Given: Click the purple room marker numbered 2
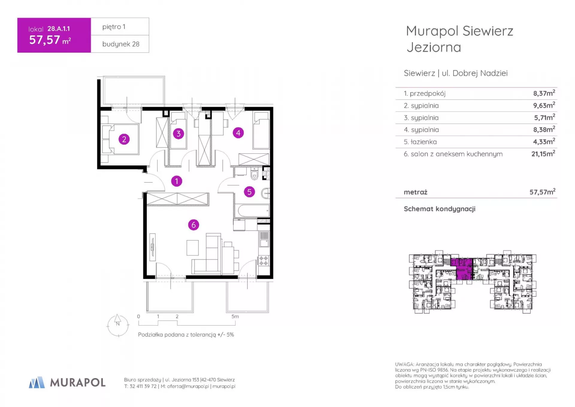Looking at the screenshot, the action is pos(124,139).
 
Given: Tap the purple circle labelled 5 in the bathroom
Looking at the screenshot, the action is pos(249,192).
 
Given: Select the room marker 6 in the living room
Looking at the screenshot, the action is pos(193,225).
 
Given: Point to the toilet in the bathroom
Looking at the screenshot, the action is pos(254,174).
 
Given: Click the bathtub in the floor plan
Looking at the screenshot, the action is pos(254,210).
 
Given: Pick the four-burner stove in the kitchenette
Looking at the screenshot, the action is pos(264,261).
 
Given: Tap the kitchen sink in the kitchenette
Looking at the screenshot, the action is pos(264,239).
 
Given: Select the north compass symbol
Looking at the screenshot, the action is pos(118,325).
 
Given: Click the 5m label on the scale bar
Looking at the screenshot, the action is pos(235,316).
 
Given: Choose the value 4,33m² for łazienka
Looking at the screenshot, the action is pos(544,141).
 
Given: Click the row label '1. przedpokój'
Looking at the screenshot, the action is pos(425,94).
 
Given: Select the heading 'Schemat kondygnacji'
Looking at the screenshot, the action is pos(439,209).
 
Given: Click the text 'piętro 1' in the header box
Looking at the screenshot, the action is pos(114,27).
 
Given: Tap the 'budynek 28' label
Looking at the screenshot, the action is pos(121,44).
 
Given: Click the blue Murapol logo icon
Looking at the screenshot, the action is pos(37,382).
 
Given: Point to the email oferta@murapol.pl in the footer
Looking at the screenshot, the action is pos(188,386).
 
